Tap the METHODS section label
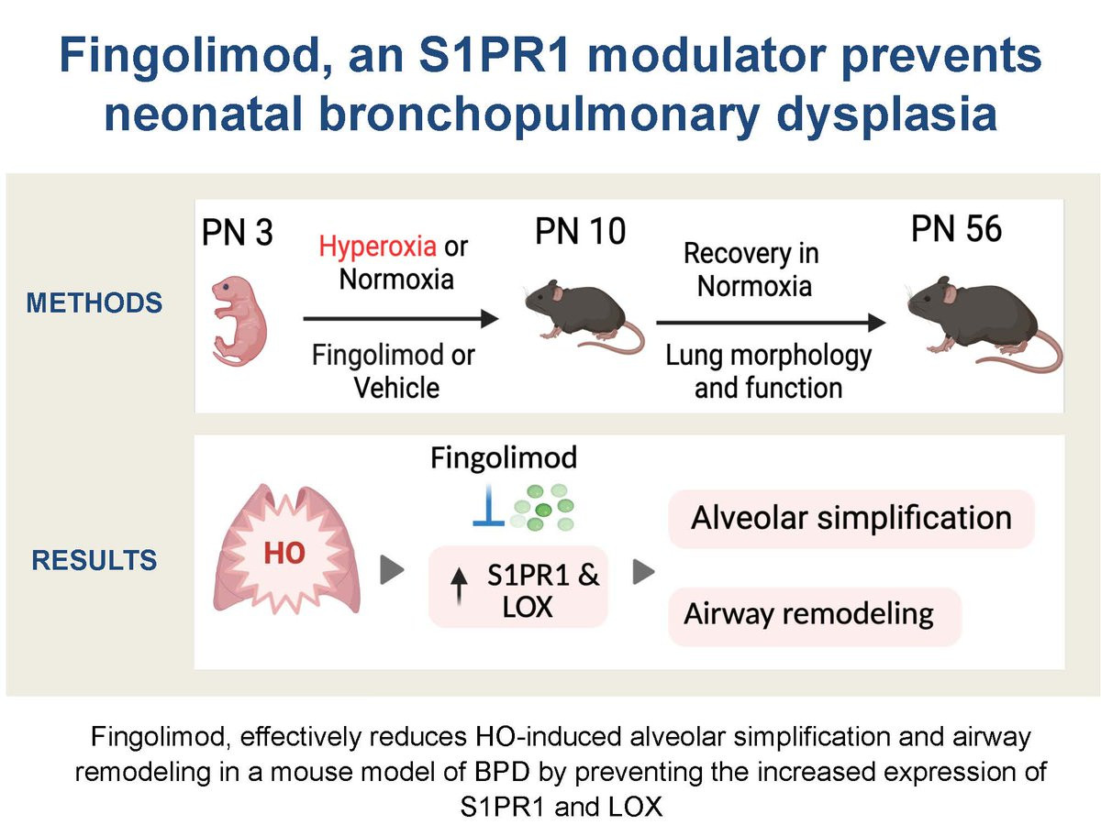[95, 303]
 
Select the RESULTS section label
[95, 559]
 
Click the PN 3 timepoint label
[238, 232]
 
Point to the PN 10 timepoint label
[581, 231]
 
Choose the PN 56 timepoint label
[956, 229]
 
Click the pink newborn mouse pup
[239, 321]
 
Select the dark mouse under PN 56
[984, 322]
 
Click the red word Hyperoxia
[377, 247]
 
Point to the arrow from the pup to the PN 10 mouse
[401, 319]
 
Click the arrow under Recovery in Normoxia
[771, 323]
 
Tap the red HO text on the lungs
[284, 554]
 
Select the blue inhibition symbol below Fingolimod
[488, 505]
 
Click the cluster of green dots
[542, 508]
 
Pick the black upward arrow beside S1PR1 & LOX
[459, 587]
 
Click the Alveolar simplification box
[851, 519]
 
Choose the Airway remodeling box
[815, 616]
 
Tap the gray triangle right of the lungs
[393, 569]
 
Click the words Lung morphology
[769, 357]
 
